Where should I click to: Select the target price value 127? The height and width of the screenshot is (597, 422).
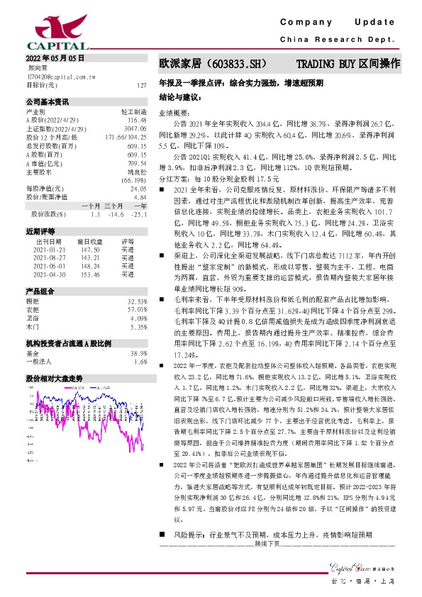[x=142, y=84]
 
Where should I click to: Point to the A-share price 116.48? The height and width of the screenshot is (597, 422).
[x=137, y=121]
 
